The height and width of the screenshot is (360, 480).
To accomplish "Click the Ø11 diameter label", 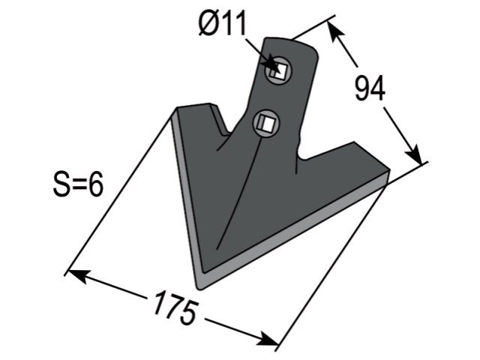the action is tap(222, 24).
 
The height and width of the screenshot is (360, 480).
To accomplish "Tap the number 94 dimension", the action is tap(370, 88).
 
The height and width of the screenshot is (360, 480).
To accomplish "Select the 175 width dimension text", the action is tap(175, 308).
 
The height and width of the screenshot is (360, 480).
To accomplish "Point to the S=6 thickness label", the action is tap(78, 184).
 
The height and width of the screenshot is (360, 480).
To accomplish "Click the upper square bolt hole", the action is tap(278, 71).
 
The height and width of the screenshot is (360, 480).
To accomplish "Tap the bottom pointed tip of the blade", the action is tap(199, 288).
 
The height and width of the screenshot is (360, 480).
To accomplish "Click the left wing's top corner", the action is tap(177, 108).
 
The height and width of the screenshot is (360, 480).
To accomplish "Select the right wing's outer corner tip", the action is tap(388, 169).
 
